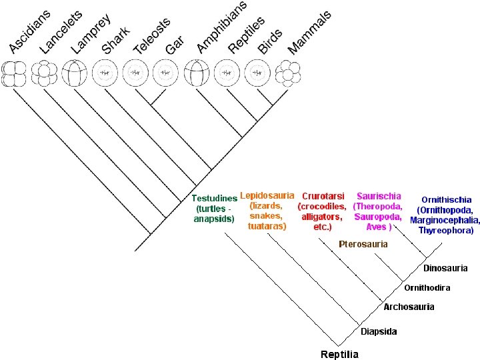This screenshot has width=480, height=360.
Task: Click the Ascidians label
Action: tap(30, 32)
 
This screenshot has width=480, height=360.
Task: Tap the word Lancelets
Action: tap(61, 32)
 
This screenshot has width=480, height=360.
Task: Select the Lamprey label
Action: tap(91, 34)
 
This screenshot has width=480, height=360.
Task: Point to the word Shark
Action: tap(116, 40)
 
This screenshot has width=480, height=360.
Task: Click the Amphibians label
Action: tap(221, 27)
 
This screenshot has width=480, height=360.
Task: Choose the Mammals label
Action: tap(309, 33)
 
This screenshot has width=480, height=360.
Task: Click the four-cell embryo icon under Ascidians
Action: tap(14, 74)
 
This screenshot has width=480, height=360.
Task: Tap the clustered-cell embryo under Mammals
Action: tap(288, 73)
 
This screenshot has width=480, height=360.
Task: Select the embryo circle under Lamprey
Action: tap(75, 73)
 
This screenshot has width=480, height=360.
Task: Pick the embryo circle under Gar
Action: tap(165, 73)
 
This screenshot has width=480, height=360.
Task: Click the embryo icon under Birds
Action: tap(257, 73)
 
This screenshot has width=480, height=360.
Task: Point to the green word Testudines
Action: tap(215, 199)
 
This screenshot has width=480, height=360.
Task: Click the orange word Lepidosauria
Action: tap(267, 195)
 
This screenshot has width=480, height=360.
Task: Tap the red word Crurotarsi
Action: tap(323, 196)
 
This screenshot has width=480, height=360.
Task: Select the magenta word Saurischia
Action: tap(379, 196)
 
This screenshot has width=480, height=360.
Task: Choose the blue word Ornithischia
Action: tap(446, 199)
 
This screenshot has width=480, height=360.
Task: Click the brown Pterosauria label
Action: tap(363, 244)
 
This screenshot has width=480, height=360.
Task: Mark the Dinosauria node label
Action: tap(445, 268)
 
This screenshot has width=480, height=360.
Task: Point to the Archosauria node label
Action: tap(409, 307)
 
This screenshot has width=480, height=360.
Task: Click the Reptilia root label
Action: tap(339, 355)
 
